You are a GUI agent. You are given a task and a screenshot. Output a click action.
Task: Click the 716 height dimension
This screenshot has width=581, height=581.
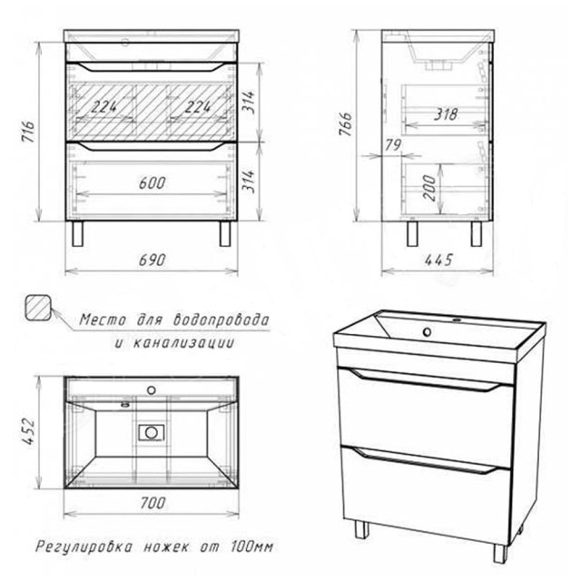(x=28, y=131)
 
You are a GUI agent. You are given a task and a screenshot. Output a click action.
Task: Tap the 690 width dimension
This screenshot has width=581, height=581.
(x=152, y=261)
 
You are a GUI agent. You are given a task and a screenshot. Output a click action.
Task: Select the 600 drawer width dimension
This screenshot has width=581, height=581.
(x=152, y=183)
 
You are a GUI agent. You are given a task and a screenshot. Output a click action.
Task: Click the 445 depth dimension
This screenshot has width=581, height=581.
(x=438, y=260)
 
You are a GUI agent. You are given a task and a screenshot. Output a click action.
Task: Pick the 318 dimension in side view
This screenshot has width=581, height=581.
(x=446, y=114)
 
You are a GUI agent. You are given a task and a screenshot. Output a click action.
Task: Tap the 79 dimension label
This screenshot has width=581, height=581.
(x=393, y=145)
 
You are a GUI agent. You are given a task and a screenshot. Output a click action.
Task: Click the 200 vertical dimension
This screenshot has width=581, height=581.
(x=429, y=188)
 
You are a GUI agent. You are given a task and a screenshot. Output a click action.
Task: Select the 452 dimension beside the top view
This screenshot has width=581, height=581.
(x=28, y=432)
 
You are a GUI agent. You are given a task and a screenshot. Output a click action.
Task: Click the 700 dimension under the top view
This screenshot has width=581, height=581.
(x=153, y=503)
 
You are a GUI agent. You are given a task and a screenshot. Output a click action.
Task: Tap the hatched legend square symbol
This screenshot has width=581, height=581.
(x=38, y=307)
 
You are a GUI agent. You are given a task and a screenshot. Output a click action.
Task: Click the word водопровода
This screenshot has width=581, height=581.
(x=222, y=320)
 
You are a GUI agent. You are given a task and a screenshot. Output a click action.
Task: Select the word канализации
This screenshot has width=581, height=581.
(x=183, y=343)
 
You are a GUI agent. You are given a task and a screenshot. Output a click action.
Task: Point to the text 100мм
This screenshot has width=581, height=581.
(x=251, y=547)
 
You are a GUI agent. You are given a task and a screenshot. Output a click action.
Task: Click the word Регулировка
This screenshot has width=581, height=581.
(x=84, y=547)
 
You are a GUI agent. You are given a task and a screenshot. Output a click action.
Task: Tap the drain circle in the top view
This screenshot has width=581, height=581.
(x=152, y=432)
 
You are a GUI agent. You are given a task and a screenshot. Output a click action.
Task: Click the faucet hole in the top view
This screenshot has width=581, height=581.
(x=152, y=390)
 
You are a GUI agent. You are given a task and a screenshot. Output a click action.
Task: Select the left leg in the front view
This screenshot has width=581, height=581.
(x=78, y=234)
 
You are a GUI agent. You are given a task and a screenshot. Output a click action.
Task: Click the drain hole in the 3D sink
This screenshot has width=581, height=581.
(x=428, y=332)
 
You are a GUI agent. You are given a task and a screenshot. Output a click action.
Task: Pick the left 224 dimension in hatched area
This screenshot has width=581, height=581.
(x=104, y=107)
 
